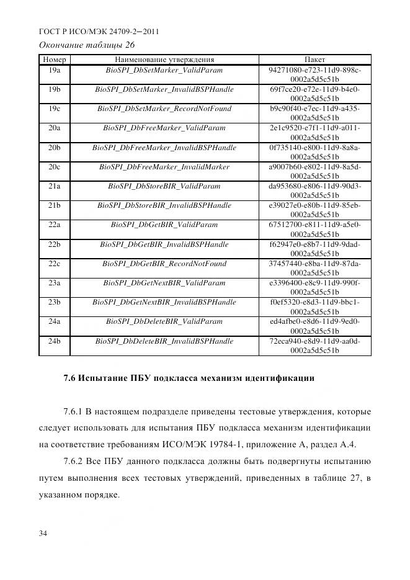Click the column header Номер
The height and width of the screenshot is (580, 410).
click(54, 60)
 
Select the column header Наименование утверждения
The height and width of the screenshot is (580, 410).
click(164, 60)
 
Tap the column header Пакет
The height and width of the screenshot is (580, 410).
click(314, 60)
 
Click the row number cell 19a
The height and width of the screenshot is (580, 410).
click(54, 70)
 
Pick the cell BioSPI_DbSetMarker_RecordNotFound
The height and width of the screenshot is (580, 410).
click(164, 109)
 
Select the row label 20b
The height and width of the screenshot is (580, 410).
click(54, 148)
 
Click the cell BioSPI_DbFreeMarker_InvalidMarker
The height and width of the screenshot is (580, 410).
click(164, 167)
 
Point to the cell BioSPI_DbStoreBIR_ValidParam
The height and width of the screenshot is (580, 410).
click(164, 186)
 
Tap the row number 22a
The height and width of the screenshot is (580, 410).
click(54, 225)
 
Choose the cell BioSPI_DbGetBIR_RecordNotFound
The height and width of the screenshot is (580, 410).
click(164, 264)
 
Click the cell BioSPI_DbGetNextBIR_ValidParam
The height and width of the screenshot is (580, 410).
click(164, 283)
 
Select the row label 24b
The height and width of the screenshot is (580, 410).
click(54, 341)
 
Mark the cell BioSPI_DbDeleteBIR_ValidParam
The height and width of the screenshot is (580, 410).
click(164, 322)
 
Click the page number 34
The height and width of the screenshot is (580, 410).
click(43, 533)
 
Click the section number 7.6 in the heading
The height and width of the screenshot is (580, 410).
click(70, 377)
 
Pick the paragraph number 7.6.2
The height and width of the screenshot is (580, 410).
click(76, 461)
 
